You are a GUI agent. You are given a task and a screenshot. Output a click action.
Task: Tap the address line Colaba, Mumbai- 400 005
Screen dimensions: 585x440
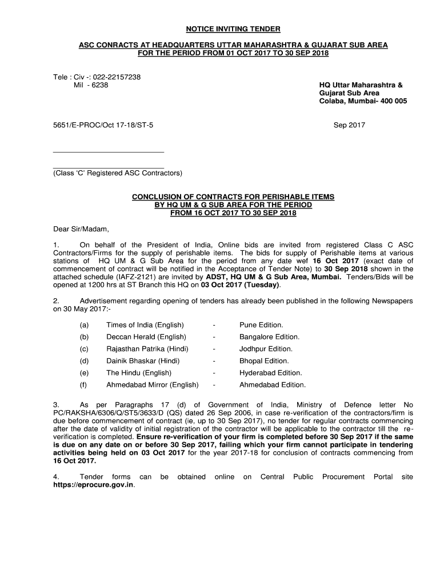point(362,101)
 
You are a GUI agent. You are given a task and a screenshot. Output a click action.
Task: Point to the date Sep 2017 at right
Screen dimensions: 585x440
point(349,125)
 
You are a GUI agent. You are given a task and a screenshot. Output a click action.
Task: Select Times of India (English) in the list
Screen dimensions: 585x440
point(145,325)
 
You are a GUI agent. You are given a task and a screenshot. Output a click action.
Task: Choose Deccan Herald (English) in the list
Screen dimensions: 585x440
point(146,337)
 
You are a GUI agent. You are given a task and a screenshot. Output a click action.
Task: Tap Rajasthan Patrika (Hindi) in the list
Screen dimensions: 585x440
point(147,349)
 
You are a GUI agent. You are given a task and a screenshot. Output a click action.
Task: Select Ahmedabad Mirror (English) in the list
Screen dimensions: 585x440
point(152,385)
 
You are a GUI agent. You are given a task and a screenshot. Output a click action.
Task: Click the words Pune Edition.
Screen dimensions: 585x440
point(261,325)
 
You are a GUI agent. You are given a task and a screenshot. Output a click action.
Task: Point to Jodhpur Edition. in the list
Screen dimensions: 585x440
point(266,349)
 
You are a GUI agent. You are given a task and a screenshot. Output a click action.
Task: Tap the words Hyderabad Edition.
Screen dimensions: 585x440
point(270,373)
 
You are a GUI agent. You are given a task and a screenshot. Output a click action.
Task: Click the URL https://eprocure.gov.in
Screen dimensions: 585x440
point(93,485)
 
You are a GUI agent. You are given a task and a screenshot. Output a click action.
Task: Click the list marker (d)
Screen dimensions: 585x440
point(85,361)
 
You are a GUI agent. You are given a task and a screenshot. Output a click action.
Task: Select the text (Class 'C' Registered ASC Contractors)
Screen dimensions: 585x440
point(117,173)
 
